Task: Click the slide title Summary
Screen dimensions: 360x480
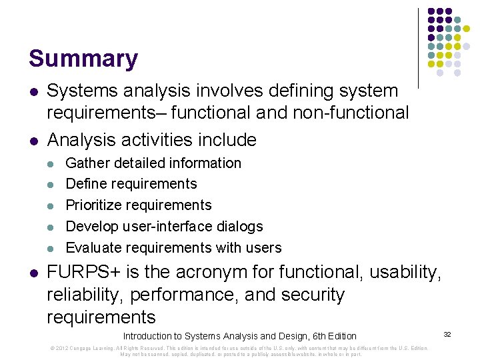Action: tap(83, 59)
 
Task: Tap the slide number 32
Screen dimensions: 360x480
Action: tap(447, 333)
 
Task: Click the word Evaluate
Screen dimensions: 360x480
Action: tap(93, 247)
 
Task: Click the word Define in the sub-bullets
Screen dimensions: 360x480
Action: tap(85, 183)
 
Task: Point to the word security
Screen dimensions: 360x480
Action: tap(313, 295)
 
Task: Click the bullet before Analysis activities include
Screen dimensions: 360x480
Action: tap(33, 141)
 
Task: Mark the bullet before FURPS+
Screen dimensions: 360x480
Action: tap(33, 273)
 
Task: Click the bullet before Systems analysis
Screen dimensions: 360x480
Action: tap(33, 91)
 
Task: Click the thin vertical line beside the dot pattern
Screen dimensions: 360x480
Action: tap(418, 48)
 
